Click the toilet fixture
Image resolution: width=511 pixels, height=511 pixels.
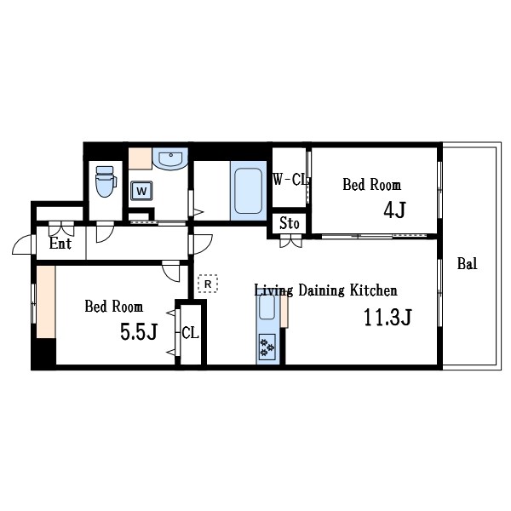(x=106, y=181)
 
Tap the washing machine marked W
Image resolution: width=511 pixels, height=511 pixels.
(x=141, y=191)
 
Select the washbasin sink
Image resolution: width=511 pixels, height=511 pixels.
(x=170, y=158)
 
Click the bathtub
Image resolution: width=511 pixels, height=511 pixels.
(x=249, y=191)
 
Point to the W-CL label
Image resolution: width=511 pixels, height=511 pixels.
(x=290, y=179)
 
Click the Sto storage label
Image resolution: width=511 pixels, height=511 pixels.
(x=290, y=223)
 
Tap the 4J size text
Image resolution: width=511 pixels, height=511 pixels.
(x=394, y=210)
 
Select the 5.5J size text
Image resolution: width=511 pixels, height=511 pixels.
(x=139, y=331)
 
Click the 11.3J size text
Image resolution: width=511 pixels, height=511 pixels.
(x=388, y=317)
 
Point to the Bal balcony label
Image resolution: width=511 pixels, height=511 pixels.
(x=468, y=263)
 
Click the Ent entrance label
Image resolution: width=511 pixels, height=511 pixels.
(x=60, y=243)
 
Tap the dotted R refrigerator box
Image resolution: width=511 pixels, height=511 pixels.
(x=208, y=284)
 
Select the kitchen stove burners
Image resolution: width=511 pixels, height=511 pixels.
(x=267, y=347)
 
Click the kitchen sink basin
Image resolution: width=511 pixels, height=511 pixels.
(x=267, y=307)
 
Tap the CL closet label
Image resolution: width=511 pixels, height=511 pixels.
(x=190, y=333)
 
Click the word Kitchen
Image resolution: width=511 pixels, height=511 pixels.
(x=374, y=290)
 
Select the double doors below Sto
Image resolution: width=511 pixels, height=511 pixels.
(x=291, y=243)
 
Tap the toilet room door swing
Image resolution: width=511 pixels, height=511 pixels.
(x=105, y=232)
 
